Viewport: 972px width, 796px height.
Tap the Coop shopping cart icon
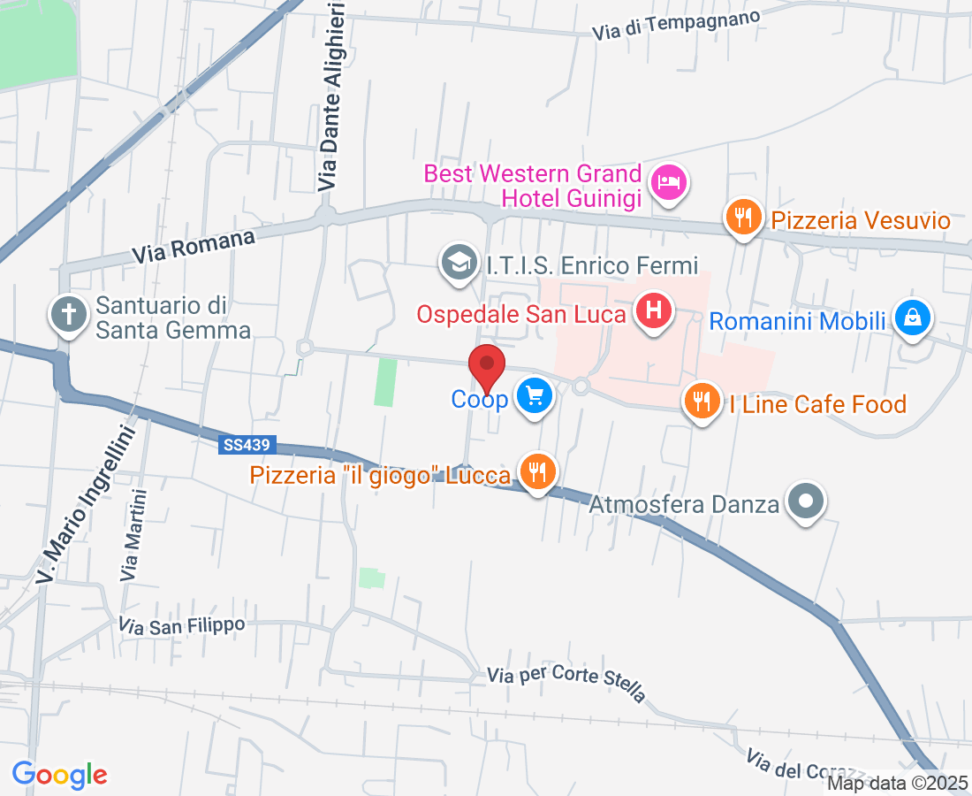pyautogui.click(x=535, y=395)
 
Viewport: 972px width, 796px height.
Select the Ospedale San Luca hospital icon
pyautogui.click(x=654, y=311)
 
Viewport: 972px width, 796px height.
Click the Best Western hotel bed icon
pyautogui.click(x=670, y=183)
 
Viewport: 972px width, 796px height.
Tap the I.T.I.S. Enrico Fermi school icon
pyautogui.click(x=459, y=263)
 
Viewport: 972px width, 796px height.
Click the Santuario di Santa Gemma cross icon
pyautogui.click(x=69, y=314)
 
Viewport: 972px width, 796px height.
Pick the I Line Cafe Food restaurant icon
pyautogui.click(x=702, y=402)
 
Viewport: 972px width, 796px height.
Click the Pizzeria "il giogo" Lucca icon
pyautogui.click(x=536, y=471)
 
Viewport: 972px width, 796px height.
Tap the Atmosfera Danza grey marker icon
pyautogui.click(x=805, y=501)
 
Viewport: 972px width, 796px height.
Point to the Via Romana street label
pyautogui.click(x=194, y=247)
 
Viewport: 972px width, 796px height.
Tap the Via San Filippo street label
pyautogui.click(x=181, y=625)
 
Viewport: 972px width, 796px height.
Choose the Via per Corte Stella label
pyautogui.click(x=566, y=681)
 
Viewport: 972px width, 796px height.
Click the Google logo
pyautogui.click(x=59, y=775)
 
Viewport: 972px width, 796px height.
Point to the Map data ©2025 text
pyautogui.click(x=898, y=783)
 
